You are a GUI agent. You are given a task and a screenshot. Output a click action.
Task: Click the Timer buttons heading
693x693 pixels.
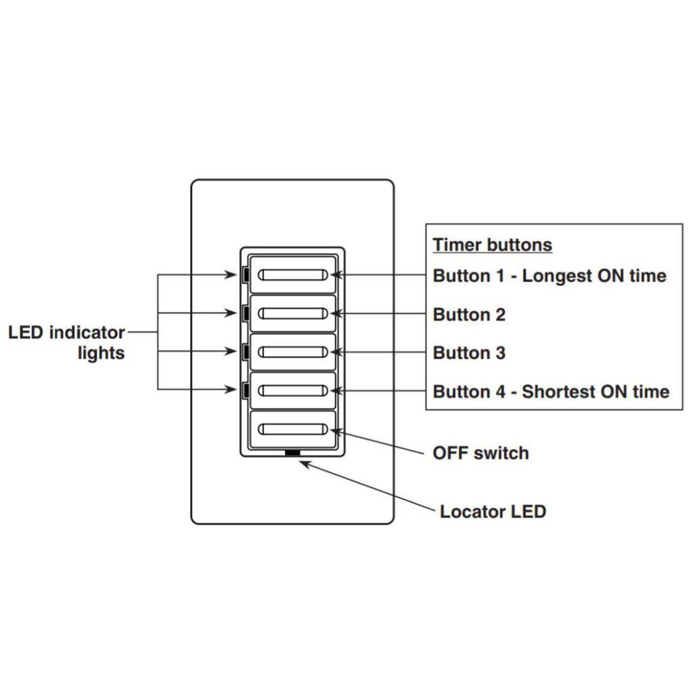click(x=492, y=245)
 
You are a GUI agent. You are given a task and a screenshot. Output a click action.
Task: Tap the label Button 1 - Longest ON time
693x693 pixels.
click(x=549, y=276)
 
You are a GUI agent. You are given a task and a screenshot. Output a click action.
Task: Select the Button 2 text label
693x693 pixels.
click(x=469, y=315)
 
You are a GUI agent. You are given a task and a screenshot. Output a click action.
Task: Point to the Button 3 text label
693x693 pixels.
click(x=469, y=353)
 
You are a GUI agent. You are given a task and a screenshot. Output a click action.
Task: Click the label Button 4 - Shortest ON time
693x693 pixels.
click(x=551, y=391)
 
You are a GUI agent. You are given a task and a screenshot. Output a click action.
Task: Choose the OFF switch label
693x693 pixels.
click(x=481, y=453)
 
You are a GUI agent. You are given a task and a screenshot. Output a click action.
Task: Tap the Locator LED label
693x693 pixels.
click(x=493, y=511)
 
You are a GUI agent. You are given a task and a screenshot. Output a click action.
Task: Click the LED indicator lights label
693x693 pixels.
click(x=67, y=342)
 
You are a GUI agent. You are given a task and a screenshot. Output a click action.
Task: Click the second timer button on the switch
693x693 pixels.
click(x=293, y=314)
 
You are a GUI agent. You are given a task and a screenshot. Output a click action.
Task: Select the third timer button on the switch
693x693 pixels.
click(x=293, y=352)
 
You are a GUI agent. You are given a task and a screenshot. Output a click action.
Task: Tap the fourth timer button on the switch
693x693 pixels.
click(x=293, y=390)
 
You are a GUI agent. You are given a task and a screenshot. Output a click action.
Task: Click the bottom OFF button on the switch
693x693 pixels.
click(x=293, y=429)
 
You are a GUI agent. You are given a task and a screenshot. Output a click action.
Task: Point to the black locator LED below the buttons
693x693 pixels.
click(x=292, y=452)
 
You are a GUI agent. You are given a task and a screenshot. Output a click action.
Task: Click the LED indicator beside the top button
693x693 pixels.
click(x=245, y=275)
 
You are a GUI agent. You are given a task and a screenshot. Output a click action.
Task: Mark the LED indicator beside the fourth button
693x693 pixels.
click(x=245, y=390)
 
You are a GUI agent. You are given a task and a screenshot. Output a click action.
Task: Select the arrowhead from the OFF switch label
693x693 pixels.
click(x=336, y=431)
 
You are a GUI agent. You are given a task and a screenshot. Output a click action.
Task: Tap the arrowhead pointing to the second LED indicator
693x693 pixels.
click(x=232, y=313)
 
